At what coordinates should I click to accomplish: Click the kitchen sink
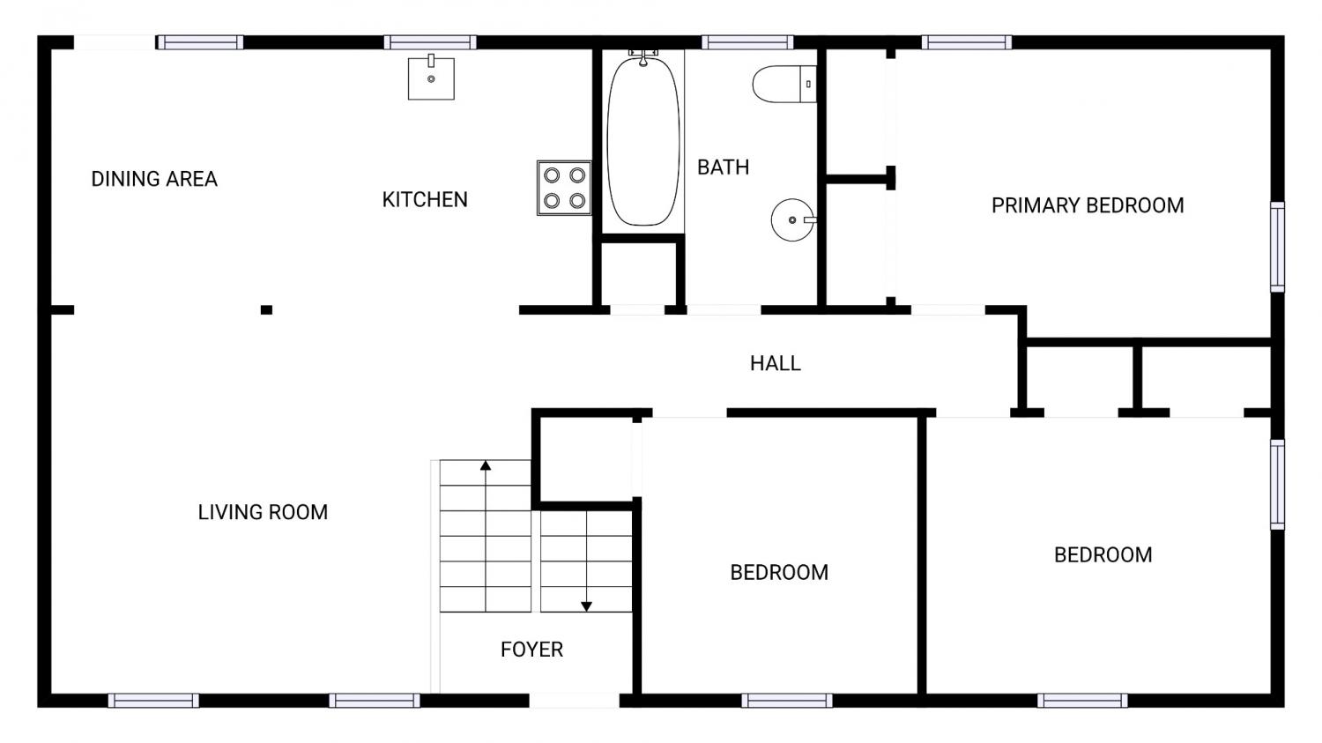[x=431, y=78]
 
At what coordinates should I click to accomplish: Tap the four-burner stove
[x=564, y=188]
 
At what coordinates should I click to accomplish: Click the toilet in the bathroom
[x=784, y=84]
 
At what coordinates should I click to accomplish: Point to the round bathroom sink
[x=793, y=219]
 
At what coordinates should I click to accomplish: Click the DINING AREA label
[x=154, y=179]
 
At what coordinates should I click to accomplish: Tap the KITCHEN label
[x=425, y=199]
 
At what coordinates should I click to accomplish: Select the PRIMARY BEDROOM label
[x=1088, y=205]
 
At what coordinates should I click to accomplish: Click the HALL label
[x=776, y=363]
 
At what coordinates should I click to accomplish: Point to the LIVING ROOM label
[x=263, y=512]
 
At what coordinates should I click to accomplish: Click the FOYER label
[x=531, y=650]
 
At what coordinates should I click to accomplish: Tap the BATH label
[x=723, y=167]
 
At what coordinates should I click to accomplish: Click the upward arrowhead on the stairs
[x=485, y=465]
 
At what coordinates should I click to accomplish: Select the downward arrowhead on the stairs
[x=586, y=606]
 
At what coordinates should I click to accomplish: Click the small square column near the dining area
[x=266, y=310]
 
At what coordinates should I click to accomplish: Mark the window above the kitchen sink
[x=430, y=42]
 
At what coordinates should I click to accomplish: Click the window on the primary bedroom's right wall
[x=1277, y=247]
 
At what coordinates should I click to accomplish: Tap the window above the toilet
[x=747, y=42]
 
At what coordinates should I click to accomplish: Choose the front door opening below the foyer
[x=575, y=701]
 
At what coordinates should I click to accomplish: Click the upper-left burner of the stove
[x=552, y=175]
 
